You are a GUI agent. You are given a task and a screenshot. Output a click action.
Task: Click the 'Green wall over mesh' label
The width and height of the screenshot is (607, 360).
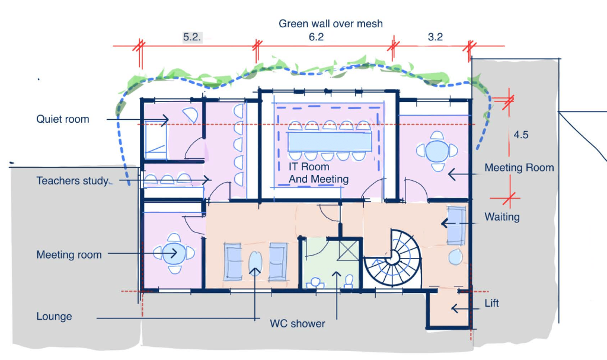[331, 24]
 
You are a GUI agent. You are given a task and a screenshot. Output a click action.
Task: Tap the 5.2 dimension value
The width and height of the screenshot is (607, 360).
[192, 37]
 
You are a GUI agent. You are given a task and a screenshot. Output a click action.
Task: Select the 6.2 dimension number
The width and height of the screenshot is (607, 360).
[316, 37]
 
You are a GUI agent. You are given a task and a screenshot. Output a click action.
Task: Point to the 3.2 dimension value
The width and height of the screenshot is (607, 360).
[435, 37]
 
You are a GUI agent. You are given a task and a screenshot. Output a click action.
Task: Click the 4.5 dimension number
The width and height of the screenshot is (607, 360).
[520, 135]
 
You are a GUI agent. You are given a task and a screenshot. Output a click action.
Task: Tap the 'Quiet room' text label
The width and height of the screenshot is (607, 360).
[63, 119]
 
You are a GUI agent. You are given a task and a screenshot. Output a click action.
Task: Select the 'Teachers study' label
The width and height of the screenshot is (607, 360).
[72, 180]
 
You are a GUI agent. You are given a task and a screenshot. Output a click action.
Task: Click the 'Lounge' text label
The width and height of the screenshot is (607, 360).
[54, 316]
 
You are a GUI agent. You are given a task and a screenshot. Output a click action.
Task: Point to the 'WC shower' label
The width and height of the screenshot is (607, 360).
[298, 324]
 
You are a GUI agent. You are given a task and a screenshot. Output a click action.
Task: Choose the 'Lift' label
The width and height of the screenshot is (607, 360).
[491, 302]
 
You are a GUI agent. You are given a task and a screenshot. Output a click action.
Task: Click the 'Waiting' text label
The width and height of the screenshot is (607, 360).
[502, 216]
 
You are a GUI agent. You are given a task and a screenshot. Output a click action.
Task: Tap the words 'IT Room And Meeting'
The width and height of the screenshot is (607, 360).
[318, 173]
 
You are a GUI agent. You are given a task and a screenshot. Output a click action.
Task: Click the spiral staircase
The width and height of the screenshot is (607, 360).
[393, 258]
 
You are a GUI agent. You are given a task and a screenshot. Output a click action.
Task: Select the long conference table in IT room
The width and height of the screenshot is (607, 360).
[330, 141]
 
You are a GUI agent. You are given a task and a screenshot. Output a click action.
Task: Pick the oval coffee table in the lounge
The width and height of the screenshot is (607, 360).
[255, 262]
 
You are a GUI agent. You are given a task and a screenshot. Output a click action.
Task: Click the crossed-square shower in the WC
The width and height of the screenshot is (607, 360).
[348, 250]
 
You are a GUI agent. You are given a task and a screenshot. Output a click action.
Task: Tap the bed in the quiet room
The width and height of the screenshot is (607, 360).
[156, 140]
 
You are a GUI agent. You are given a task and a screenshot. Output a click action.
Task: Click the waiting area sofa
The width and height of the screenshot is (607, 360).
[457, 225]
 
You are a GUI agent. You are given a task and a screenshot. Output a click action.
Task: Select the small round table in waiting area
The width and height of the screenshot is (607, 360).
[456, 257]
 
